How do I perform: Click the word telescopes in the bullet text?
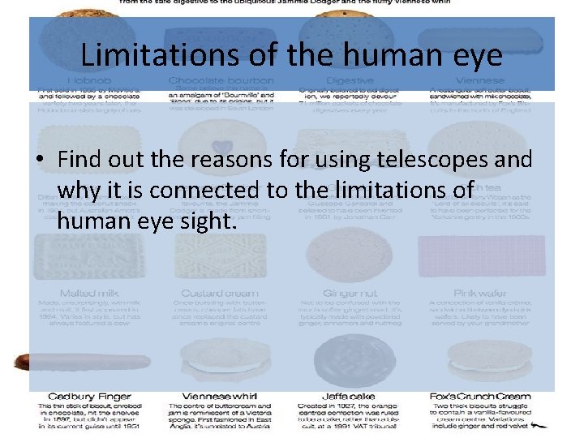(x=423, y=159)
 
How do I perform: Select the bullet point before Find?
(x=40, y=160)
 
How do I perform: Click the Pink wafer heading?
(x=480, y=292)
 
